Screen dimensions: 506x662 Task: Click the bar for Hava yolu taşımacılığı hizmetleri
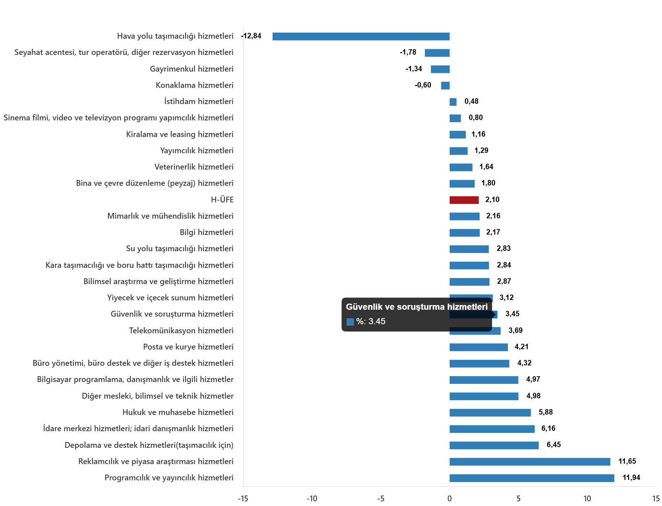[361, 37]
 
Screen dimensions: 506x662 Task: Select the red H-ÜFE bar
[464, 200]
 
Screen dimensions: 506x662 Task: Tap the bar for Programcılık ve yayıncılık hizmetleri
[532, 478]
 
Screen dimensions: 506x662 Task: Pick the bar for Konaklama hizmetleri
[445, 86]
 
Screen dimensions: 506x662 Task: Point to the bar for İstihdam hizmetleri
[453, 102]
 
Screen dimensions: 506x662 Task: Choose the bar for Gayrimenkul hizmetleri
[440, 69]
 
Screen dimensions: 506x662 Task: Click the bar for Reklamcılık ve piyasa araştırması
[530, 462]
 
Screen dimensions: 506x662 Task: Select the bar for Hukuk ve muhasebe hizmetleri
[490, 413]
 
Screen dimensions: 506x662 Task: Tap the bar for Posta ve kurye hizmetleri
[478, 347]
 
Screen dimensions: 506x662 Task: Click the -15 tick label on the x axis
[243, 499]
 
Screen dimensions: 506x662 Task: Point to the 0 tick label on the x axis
[449, 499]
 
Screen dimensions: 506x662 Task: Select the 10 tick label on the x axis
[587, 499]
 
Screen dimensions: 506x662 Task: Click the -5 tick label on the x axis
[381, 499]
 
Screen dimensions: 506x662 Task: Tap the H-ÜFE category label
[222, 200]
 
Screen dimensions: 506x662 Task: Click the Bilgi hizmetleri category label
[207, 232]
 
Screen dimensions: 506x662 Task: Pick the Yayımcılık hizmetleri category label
[197, 151]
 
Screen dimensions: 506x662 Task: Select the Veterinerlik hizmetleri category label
[194, 167]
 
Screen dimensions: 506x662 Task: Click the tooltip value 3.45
[377, 321]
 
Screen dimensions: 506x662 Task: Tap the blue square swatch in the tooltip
[350, 322]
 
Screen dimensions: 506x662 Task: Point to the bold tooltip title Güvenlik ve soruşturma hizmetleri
[416, 307]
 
